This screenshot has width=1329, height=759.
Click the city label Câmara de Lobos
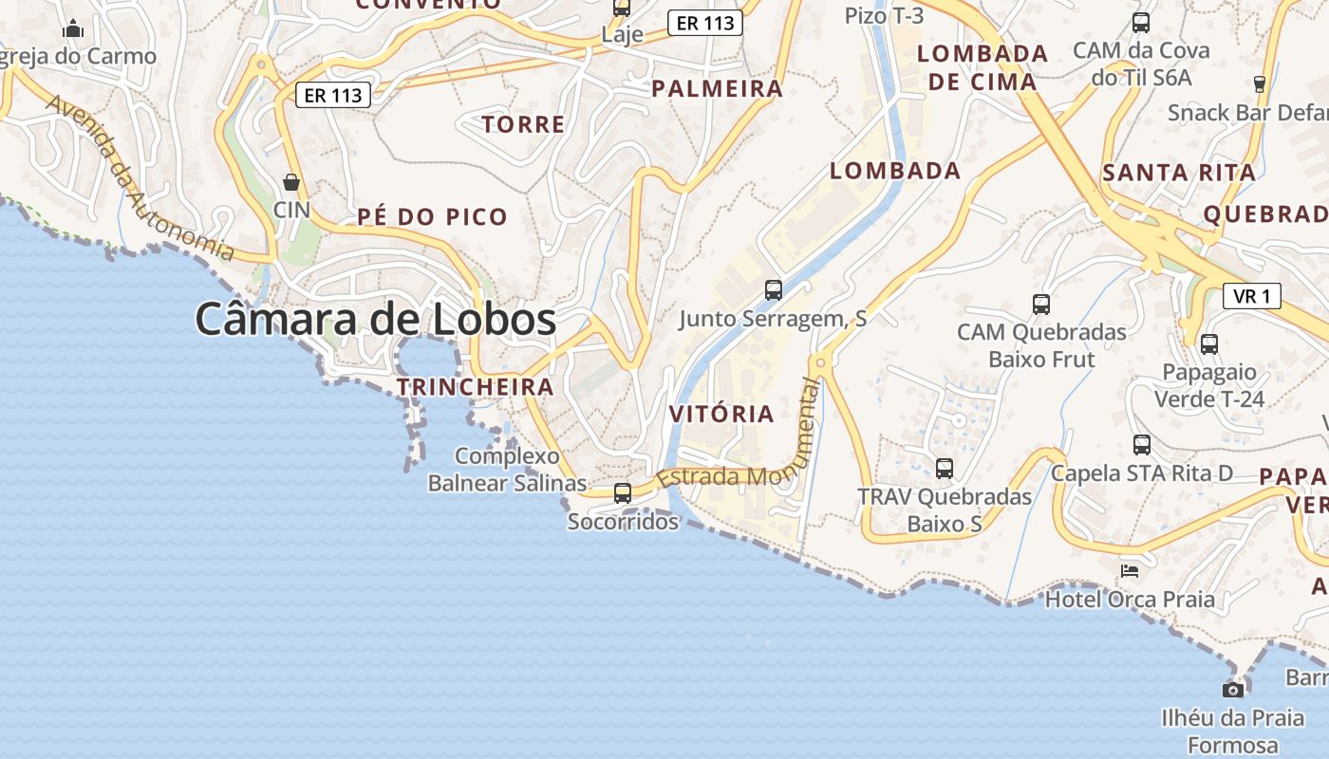click(x=375, y=320)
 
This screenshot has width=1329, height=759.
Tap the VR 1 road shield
click(x=1251, y=296)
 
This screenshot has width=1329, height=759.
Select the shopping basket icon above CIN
click(x=291, y=182)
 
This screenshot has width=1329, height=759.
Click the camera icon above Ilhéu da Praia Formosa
click(x=1233, y=690)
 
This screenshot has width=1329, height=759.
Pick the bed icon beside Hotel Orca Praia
click(x=1130, y=570)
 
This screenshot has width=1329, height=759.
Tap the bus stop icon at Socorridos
click(x=623, y=493)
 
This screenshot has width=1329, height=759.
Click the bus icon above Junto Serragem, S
click(x=774, y=290)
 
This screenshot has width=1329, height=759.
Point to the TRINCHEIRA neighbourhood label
click(x=475, y=387)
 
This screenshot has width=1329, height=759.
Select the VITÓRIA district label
click(x=721, y=415)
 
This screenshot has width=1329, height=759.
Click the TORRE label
click(x=523, y=124)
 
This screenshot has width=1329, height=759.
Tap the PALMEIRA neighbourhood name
click(x=717, y=89)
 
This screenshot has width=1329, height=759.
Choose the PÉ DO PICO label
click(x=433, y=216)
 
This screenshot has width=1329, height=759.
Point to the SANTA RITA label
click(x=1179, y=173)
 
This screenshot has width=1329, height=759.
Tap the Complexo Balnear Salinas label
click(x=507, y=470)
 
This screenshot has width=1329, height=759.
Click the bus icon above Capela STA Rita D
click(x=1142, y=444)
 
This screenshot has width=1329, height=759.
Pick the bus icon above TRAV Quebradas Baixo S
click(x=945, y=468)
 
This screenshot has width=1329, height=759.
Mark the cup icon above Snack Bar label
click(x=1260, y=84)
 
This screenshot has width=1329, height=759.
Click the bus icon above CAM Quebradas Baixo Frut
click(x=1041, y=305)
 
